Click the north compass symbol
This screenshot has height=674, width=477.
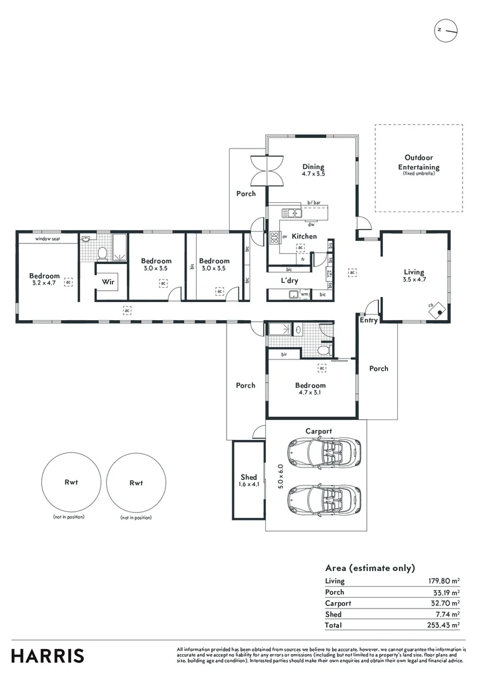[447, 30]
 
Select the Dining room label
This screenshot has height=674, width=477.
[313, 167]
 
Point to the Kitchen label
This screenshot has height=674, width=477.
[305, 237]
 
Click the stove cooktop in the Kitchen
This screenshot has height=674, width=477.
[274, 237]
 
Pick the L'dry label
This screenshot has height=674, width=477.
[289, 281]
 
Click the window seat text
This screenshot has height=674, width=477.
[47, 238]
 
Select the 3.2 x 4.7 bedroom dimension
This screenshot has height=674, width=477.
[44, 283]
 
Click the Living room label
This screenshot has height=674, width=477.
[413, 272]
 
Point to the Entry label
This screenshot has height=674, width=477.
[368, 320]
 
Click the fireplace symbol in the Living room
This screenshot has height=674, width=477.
[440, 308]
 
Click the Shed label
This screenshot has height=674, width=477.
[248, 477]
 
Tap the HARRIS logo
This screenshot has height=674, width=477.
[47, 656]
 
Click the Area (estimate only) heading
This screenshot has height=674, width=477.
[370, 568]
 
